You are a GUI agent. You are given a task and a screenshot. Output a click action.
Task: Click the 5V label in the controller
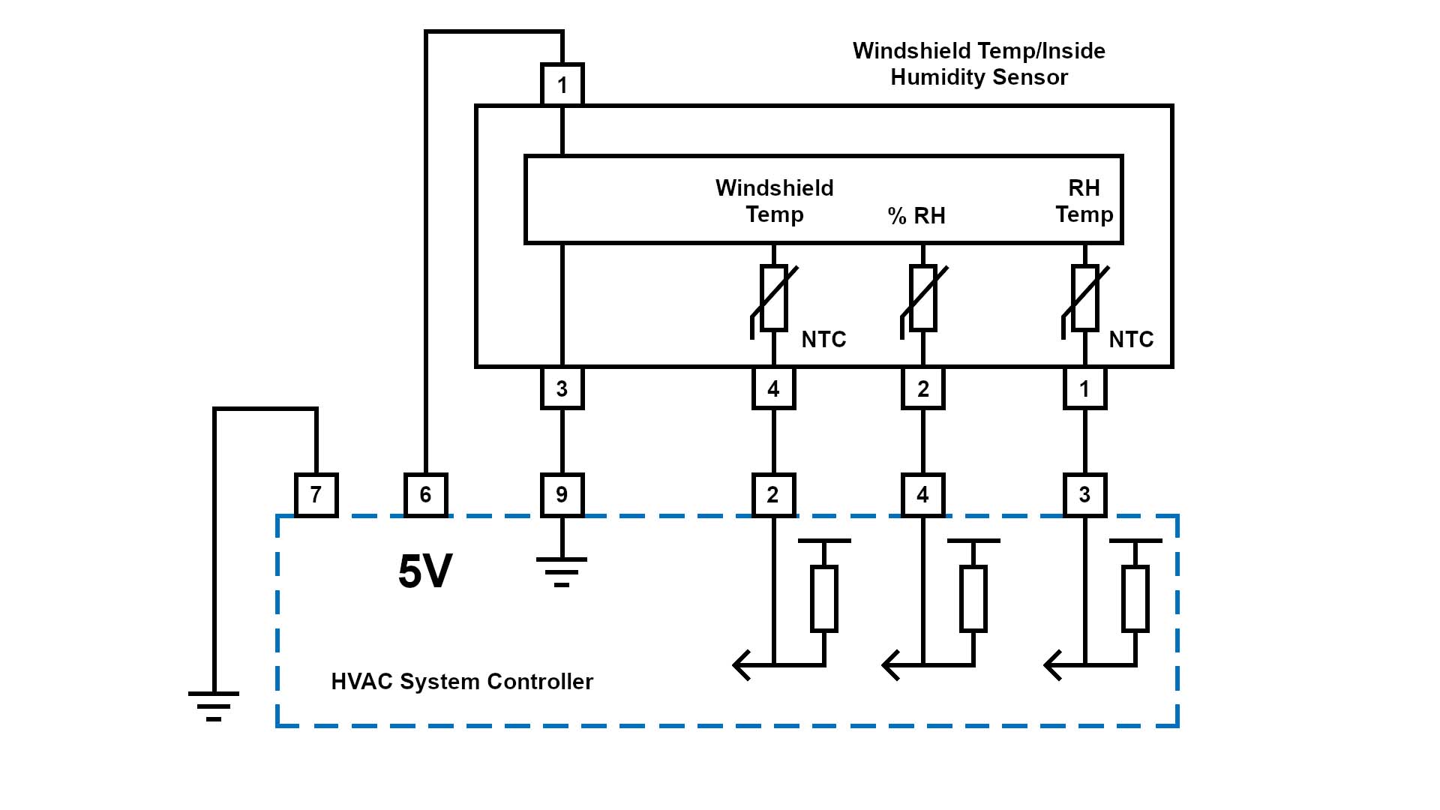[424, 571]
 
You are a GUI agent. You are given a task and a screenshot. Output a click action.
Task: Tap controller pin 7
[316, 495]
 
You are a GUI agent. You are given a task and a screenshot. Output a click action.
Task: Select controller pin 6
[425, 495]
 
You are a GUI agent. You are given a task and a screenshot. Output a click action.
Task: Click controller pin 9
[562, 495]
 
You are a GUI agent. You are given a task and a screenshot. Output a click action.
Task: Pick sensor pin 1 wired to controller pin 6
[562, 85]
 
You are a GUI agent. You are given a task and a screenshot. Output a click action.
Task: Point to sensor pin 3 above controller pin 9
[562, 388]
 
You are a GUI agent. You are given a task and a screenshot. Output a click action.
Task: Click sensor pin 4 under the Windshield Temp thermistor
[773, 388]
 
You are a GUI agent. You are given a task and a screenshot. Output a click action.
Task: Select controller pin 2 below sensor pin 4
[773, 495]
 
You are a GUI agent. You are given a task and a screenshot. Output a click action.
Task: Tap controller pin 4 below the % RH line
[922, 495]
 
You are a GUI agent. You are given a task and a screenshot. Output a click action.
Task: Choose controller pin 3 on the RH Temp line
[1084, 495]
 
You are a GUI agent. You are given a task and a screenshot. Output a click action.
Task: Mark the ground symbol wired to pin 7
[214, 705]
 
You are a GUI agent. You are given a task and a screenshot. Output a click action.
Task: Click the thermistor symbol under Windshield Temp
[773, 298]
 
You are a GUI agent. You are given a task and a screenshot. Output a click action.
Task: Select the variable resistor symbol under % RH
[922, 298]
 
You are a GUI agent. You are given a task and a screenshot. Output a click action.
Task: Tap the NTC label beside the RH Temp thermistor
[1131, 340]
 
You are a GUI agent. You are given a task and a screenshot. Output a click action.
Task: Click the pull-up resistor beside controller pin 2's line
[824, 598]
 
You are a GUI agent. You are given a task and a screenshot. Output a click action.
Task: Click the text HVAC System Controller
[462, 682]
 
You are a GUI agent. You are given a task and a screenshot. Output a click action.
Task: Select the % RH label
[916, 216]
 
